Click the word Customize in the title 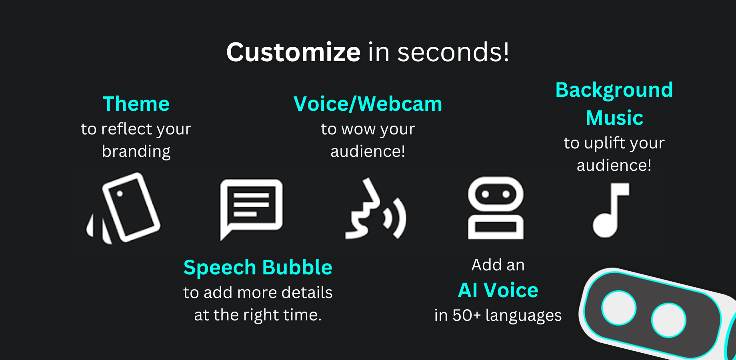tap(294, 52)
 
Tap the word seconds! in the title tap(454, 52)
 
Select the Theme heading tap(136, 104)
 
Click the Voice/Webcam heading tap(368, 104)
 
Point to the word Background tap(614, 90)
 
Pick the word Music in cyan tap(614, 118)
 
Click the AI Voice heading tap(498, 290)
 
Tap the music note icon tap(611, 210)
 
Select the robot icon tap(496, 208)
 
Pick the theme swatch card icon tap(124, 208)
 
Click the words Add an tap(498, 265)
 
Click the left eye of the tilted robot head tap(619, 308)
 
